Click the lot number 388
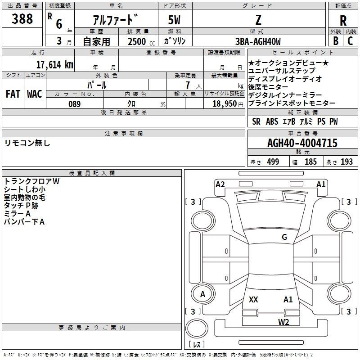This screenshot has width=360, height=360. point(22,18)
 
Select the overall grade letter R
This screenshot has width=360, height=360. point(343,21)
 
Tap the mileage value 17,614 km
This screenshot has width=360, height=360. point(54,64)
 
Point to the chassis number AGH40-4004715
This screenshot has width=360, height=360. point(302,143)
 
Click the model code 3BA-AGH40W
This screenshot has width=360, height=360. point(258,41)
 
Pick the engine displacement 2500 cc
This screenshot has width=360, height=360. point(141,41)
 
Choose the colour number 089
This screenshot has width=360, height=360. point(74,104)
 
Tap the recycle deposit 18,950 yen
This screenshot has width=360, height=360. point(228,104)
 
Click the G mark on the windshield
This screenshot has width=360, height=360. point(284,237)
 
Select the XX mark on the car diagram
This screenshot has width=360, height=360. point(253,299)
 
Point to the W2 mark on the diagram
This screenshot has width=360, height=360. point(283,322)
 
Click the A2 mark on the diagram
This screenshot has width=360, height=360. point(220,184)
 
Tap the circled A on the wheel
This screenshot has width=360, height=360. point(202,294)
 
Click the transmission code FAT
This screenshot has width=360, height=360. point(13,94)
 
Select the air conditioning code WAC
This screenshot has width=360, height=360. point(35,94)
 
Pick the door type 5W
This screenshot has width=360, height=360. point(174,20)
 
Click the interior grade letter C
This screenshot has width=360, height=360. point(350,41)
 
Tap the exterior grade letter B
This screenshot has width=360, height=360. point(336,41)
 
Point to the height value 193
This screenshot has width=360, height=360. point(346,162)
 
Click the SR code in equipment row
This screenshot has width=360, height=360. point(256,121)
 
